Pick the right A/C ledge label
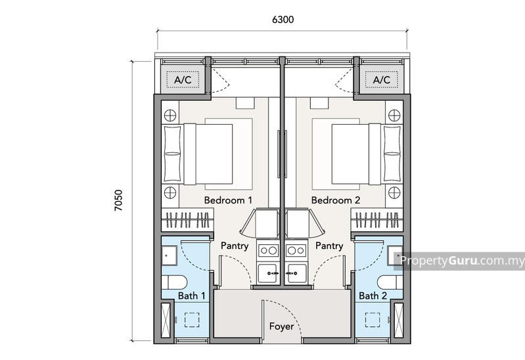pyautogui.click(x=382, y=80)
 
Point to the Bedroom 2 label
pyautogui.click(x=336, y=200)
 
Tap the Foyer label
pyautogui.click(x=281, y=326)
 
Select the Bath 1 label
pyautogui.click(x=192, y=296)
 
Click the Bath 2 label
pyautogui.click(x=373, y=296)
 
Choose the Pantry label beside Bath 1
pyautogui.click(x=235, y=246)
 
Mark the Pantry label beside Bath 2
pyautogui.click(x=329, y=246)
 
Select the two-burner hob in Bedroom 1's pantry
pyautogui.click(x=269, y=250)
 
